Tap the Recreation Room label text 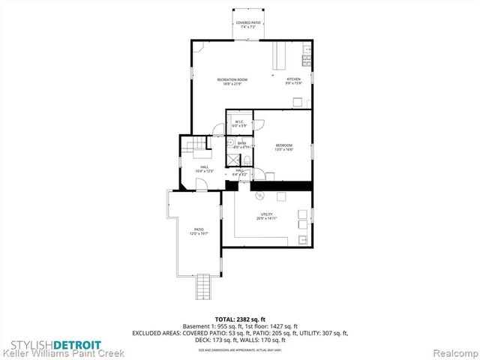point(232,81)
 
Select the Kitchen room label point(293,81)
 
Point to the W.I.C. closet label point(239,123)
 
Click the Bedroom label point(283,146)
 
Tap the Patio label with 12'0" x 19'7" point(199,231)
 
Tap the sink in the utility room point(302,240)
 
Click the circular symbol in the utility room point(260,196)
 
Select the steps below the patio point(202,286)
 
